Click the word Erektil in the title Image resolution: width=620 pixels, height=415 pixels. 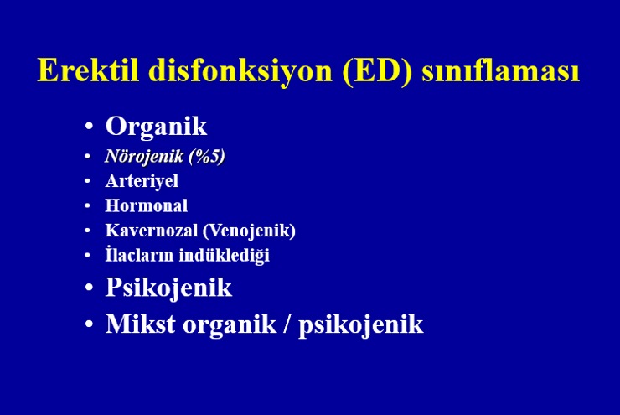(88, 70)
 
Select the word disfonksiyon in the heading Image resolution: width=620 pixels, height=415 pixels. (240, 70)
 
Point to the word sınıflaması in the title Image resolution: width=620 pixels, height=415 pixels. (501, 70)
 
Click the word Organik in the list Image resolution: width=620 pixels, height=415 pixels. (156, 127)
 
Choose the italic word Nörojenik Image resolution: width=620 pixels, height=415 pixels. (144, 156)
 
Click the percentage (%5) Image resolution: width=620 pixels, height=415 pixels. (207, 156)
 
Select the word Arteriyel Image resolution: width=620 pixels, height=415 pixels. (142, 182)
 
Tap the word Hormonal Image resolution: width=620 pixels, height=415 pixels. (147, 205)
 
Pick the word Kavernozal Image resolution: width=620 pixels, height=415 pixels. (151, 231)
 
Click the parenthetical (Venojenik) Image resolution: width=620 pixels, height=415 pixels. (249, 231)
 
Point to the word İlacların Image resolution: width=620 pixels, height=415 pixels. (140, 254)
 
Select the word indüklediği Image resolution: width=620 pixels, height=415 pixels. (225, 255)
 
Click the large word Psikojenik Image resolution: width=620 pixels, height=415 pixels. (168, 288)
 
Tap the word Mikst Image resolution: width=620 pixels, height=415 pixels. (141, 324)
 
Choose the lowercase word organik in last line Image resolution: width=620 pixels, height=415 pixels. (230, 325)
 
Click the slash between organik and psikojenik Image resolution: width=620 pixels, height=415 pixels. (287, 324)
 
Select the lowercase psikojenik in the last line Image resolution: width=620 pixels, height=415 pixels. (361, 325)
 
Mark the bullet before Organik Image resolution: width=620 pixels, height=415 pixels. (89, 127)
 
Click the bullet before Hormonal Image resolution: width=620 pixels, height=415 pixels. (87, 205)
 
